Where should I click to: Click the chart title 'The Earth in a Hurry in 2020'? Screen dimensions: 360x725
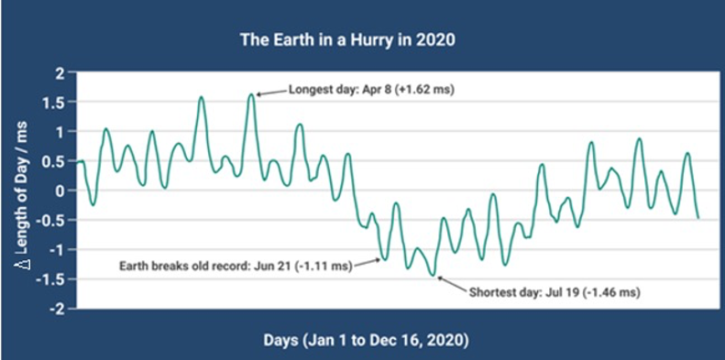347,40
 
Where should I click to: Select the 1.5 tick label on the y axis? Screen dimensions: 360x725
55,103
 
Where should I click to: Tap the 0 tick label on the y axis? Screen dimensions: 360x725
60,191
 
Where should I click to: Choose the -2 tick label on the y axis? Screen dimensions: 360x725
57,309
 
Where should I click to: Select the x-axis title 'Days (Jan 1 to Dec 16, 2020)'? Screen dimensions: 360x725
364,341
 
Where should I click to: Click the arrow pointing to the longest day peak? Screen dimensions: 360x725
271,93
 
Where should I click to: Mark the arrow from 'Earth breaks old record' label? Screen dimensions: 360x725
368,263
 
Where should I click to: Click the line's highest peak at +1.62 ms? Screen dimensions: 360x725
251,94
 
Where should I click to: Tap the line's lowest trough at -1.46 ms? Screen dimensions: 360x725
434,275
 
